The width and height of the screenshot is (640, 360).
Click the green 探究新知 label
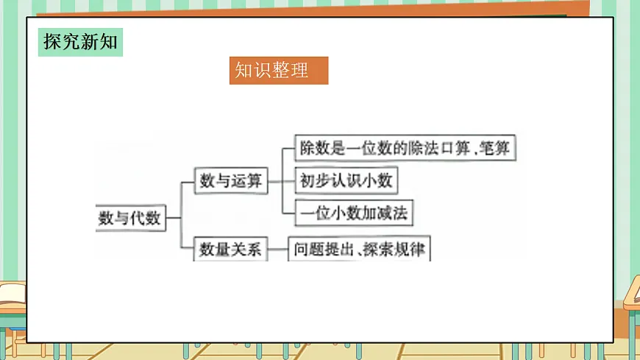click(x=80, y=42)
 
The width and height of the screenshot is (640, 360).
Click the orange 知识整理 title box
click(x=278, y=71)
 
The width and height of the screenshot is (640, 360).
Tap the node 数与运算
click(x=231, y=180)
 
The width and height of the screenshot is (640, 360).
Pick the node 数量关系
click(x=231, y=249)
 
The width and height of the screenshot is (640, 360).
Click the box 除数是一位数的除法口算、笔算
click(x=405, y=148)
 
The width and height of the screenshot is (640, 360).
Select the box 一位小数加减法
click(x=353, y=213)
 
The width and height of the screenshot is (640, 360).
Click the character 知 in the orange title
click(x=243, y=71)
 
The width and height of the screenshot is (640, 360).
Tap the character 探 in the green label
click(x=51, y=42)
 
